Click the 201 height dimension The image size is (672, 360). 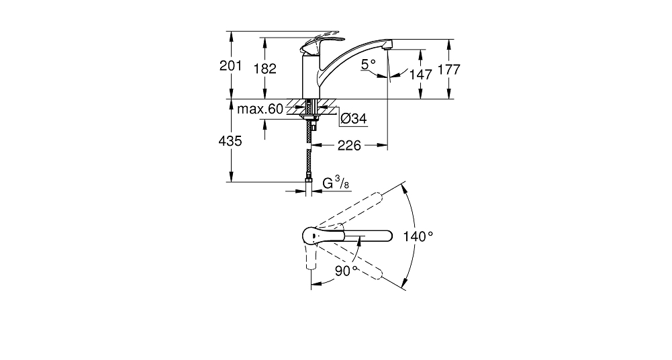230,66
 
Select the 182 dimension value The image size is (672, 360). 265,69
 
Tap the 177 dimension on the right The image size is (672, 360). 448,69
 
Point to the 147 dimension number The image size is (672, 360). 421,75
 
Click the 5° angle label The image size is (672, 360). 368,64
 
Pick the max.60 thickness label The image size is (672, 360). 260,109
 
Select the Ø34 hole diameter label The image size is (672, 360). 354,118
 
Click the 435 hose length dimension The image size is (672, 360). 230,140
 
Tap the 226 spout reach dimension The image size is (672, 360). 349,146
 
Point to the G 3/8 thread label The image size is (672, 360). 336,184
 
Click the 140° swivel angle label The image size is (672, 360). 418,236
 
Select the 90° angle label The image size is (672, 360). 346,271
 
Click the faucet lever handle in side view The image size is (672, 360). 322,41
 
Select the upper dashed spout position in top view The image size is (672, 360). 349,211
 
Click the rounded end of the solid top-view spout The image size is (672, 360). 388,236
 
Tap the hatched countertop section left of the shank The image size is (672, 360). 295,107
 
